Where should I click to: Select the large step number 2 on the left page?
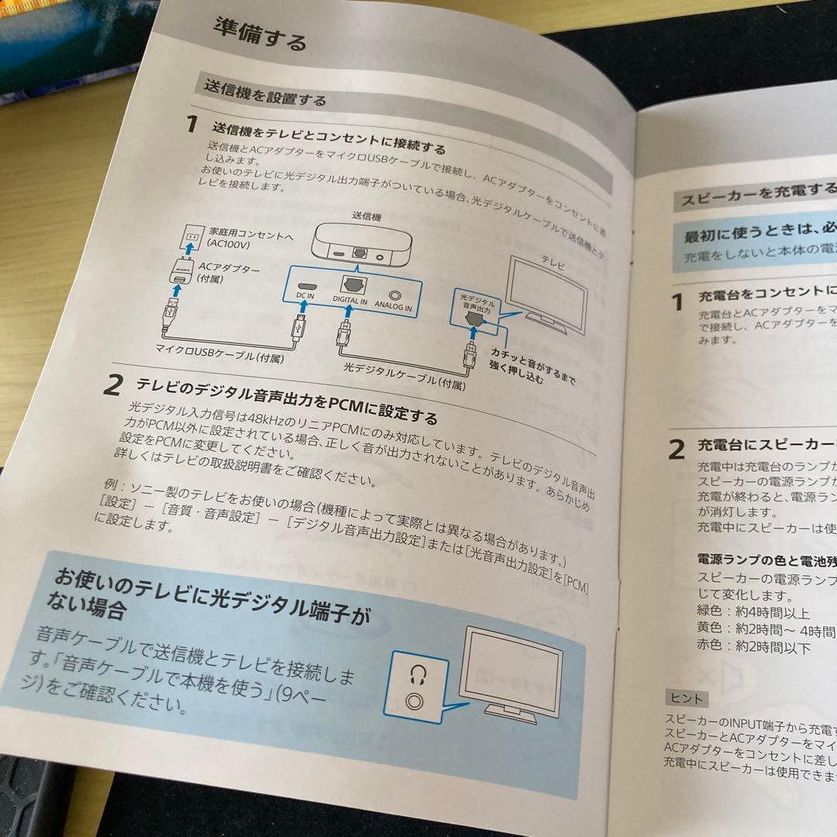[114, 385]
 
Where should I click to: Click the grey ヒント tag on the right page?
[687, 697]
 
